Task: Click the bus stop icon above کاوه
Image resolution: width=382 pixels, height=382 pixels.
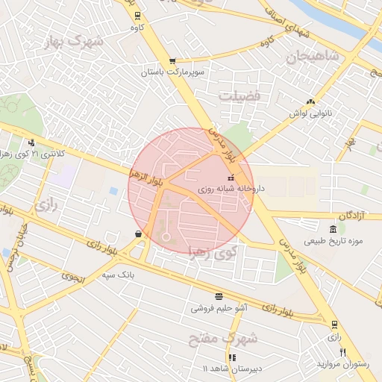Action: point(137,16)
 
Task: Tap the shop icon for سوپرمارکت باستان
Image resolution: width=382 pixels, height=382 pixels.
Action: point(172,61)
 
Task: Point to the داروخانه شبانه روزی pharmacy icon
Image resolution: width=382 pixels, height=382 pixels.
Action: point(230,178)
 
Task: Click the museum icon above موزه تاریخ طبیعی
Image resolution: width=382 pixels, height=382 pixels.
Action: point(333,228)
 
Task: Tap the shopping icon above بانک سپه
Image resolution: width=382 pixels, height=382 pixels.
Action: point(139,234)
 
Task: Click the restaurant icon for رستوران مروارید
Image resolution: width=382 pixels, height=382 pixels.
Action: point(343,352)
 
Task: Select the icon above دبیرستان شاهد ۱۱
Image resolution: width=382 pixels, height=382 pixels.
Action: point(232,357)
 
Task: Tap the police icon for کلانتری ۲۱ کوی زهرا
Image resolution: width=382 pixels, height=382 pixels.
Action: point(31,143)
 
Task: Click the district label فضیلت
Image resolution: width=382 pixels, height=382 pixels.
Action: point(239,96)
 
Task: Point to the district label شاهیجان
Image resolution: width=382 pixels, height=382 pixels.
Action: point(316,56)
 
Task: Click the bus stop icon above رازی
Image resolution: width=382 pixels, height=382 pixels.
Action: point(334,324)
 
